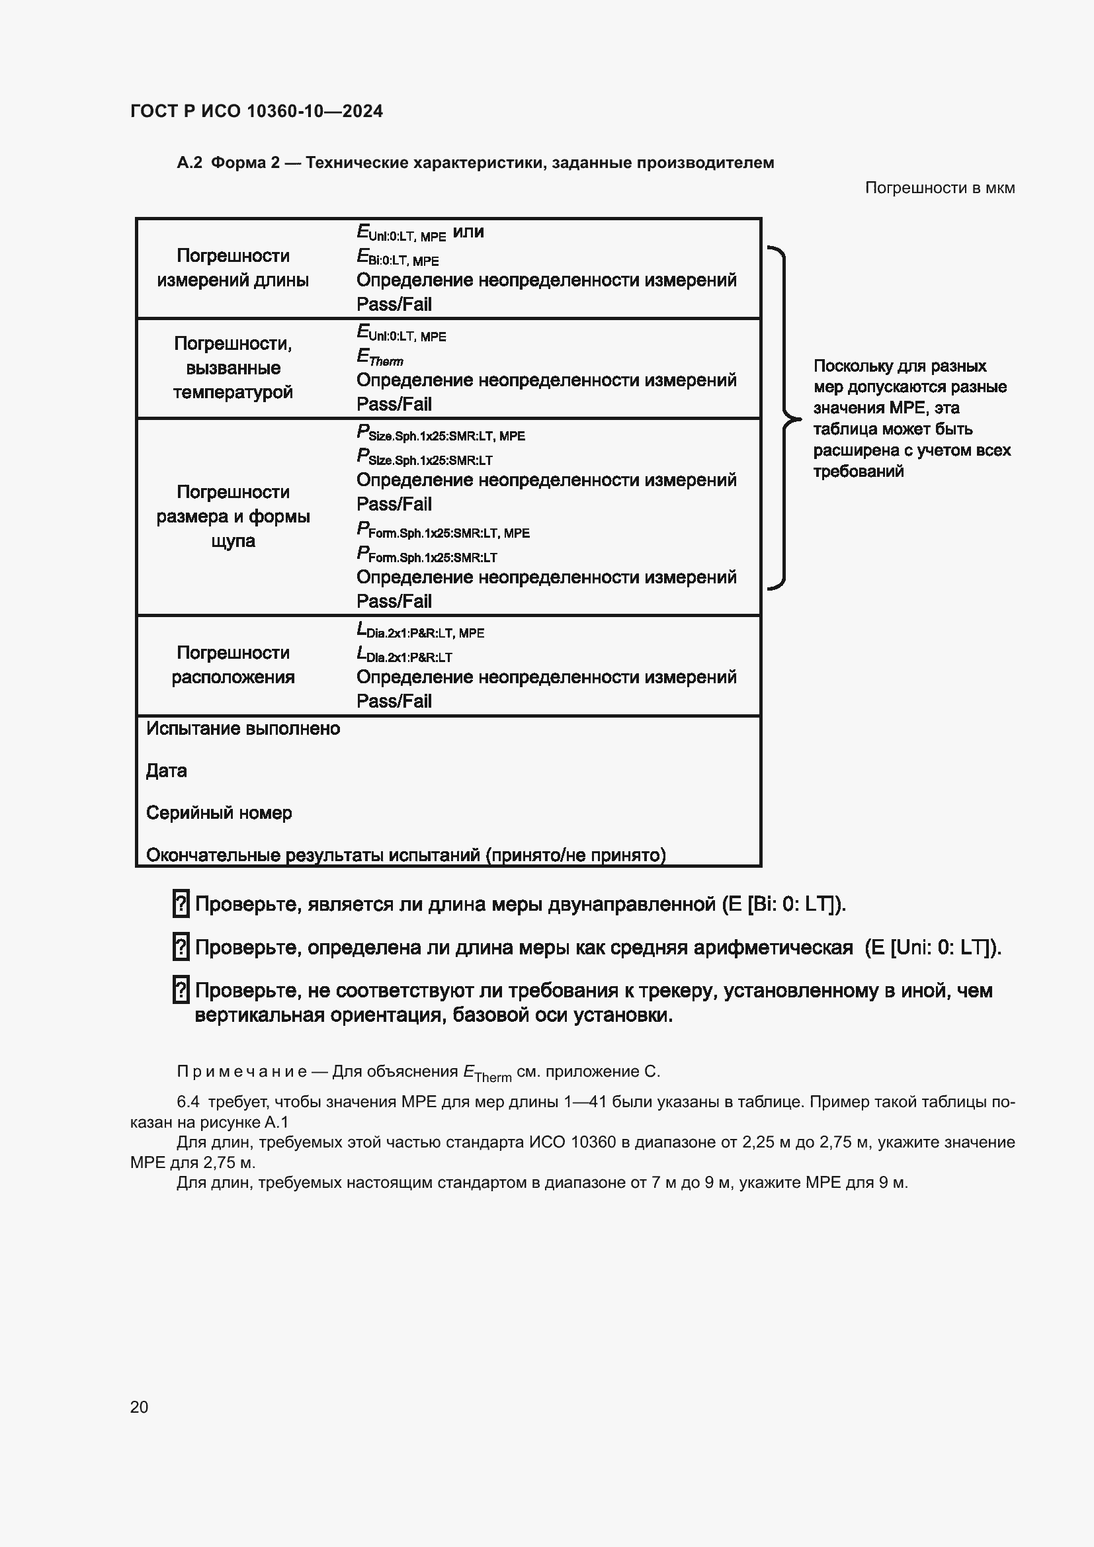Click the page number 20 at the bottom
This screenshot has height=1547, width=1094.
click(139, 1407)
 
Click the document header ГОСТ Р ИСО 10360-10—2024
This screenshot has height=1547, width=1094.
click(256, 111)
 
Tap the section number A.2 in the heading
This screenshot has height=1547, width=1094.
click(189, 163)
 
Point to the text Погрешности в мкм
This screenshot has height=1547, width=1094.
click(939, 188)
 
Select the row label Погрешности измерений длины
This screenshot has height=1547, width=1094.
click(233, 267)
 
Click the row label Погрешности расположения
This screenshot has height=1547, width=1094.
click(233, 664)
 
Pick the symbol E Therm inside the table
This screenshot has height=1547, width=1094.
click(379, 356)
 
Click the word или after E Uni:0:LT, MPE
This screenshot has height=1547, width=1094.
click(468, 231)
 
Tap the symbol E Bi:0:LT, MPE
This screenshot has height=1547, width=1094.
click(398, 257)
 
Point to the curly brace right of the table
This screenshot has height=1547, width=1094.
click(781, 419)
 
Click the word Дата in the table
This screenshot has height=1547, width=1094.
click(167, 771)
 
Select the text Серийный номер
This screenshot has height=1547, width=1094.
click(219, 813)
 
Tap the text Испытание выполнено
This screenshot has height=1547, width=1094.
click(243, 728)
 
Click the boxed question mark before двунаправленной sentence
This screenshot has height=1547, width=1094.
click(181, 903)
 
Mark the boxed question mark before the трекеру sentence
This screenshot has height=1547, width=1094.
click(181, 990)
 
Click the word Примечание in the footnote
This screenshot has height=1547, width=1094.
click(242, 1071)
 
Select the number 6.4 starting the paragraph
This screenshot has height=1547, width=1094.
click(188, 1102)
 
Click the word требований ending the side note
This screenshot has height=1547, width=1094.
click(858, 471)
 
